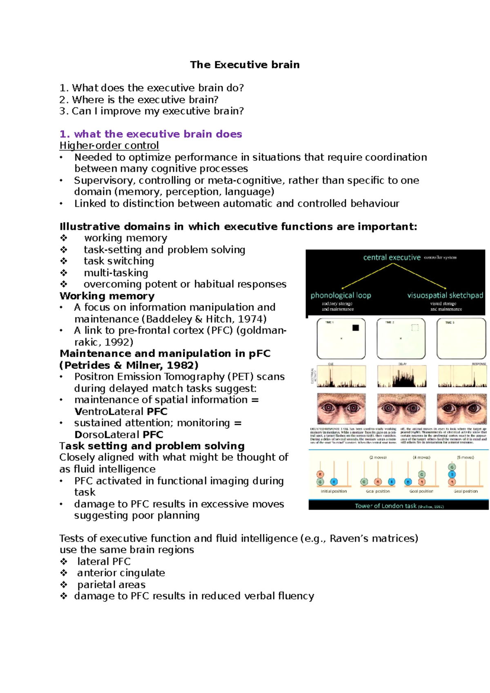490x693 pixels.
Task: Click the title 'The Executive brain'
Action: pyautogui.click(x=245, y=65)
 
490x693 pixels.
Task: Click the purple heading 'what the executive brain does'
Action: pyautogui.click(x=158, y=134)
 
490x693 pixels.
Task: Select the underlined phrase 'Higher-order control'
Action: pyautogui.click(x=109, y=145)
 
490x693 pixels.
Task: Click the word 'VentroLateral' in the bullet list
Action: pyautogui.click(x=109, y=411)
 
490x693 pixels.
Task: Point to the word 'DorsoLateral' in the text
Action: pyautogui.click(x=107, y=434)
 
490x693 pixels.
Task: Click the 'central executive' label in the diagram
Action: pyautogui.click(x=392, y=257)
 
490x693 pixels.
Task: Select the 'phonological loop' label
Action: pyautogui.click(x=341, y=295)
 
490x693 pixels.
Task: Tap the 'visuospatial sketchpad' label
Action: pyautogui.click(x=445, y=295)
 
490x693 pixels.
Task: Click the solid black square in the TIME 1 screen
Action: pyautogui.click(x=355, y=328)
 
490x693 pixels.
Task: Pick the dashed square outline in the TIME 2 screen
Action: pyautogui.click(x=415, y=327)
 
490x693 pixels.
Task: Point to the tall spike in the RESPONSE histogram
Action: pyautogui.click(x=474, y=377)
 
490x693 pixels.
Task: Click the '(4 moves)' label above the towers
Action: pyautogui.click(x=421, y=457)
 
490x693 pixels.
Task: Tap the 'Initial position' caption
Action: pyautogui.click(x=334, y=491)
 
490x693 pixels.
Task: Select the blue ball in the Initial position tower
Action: pyautogui.click(x=334, y=482)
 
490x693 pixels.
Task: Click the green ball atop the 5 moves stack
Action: pyautogui.click(x=452, y=467)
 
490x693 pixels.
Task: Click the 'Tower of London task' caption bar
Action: pyautogui.click(x=398, y=506)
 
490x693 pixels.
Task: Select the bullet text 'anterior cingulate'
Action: pyautogui.click(x=121, y=573)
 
